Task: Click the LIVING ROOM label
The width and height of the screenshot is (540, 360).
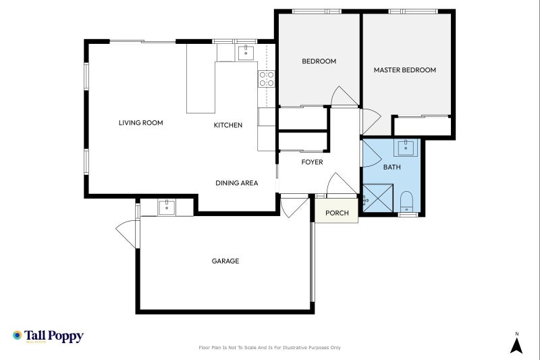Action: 141,123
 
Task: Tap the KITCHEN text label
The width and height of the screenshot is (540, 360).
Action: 227,125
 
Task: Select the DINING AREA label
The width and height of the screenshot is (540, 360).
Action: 236,183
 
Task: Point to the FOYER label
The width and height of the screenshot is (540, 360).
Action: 311,162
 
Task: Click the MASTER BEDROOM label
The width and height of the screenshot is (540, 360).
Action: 405,70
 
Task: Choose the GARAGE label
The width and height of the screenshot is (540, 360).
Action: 225,261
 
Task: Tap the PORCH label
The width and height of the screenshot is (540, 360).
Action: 337,213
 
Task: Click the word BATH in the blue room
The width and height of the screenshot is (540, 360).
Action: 391,167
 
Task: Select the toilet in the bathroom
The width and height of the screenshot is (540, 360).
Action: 406,201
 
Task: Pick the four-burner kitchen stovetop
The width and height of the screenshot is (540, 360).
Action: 266,78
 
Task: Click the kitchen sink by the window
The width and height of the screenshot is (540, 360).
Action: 244,51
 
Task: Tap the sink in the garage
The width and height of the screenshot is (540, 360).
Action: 166,207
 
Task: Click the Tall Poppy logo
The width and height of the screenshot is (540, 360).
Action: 48,336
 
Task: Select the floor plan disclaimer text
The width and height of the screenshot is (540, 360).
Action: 269,348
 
